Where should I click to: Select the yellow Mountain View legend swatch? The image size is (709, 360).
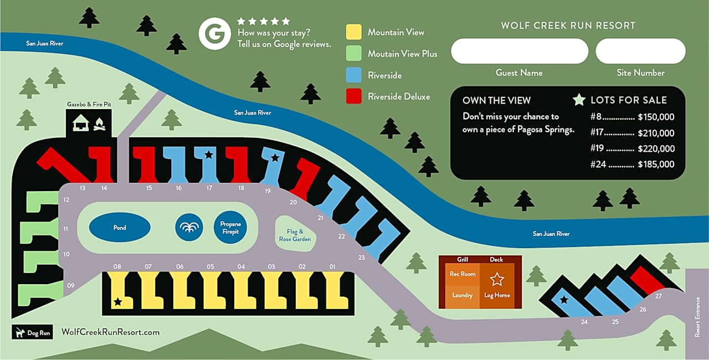353,32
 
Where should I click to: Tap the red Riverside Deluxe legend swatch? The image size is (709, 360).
353,96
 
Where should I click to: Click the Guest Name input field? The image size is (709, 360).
519,52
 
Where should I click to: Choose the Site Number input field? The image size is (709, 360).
640,52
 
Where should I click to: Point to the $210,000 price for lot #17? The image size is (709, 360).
656,133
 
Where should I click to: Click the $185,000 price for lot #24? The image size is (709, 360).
656,164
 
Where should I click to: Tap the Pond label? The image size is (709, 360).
120,228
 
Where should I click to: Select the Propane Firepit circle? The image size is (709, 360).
230,228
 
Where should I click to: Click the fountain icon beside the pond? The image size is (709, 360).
189,228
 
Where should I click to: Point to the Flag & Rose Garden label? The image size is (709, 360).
294,235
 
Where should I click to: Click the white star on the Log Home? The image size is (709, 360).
497,279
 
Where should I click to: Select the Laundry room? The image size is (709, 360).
462,295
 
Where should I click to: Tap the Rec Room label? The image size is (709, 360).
462,274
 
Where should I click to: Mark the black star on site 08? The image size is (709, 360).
117,302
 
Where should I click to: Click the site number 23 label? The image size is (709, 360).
362,258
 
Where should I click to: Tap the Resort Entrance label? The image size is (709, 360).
698,317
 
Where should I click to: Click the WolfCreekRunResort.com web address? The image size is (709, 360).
110,332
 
